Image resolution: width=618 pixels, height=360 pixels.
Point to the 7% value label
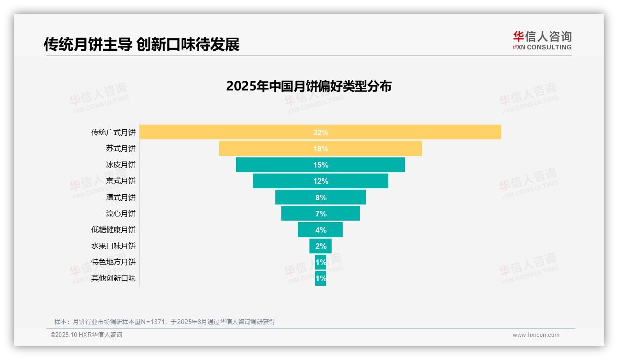tap(321, 214)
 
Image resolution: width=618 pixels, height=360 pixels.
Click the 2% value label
tap(321, 246)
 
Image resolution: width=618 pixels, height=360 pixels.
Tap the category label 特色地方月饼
tap(113, 262)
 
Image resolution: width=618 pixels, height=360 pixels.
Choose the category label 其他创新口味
tap(113, 278)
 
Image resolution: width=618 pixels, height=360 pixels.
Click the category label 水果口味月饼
tap(113, 246)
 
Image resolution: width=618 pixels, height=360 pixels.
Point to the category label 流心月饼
tap(121, 214)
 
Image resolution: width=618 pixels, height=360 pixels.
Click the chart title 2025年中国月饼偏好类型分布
tap(309, 86)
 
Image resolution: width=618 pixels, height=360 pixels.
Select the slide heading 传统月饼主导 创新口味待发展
tap(142, 44)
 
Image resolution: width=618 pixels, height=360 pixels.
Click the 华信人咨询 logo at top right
tap(542, 40)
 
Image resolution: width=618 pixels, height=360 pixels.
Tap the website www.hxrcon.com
tap(536, 335)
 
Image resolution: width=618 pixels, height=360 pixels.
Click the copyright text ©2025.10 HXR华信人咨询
tap(86, 335)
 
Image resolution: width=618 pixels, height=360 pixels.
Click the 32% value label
tap(321, 132)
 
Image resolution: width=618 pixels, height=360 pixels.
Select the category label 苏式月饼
tap(121, 149)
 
